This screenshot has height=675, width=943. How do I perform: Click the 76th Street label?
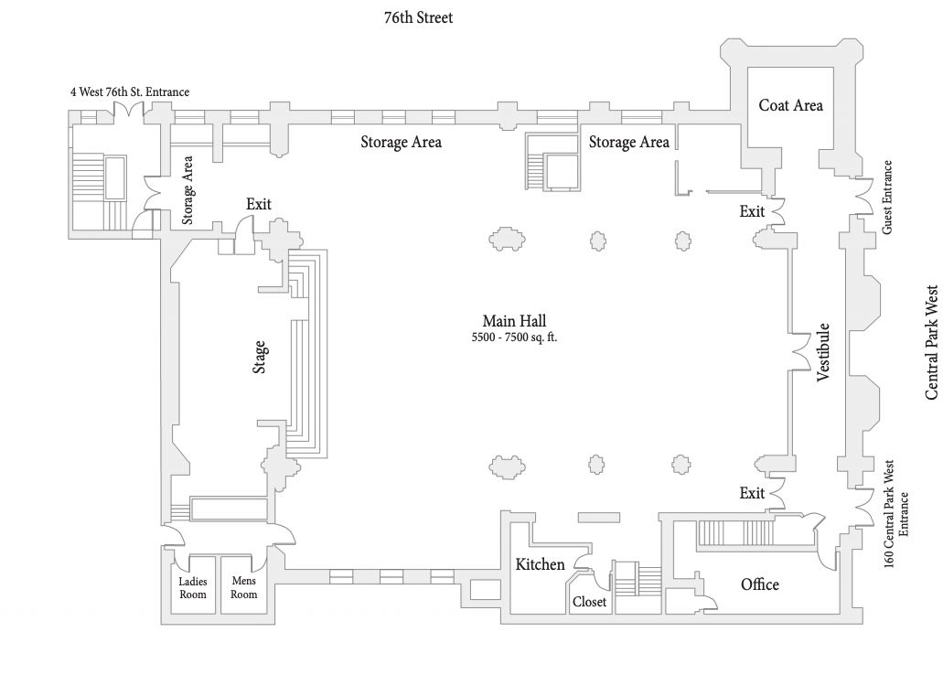pos(419,18)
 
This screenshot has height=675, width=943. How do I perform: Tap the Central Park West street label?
pos(932,342)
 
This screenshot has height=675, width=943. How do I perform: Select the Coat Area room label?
pos(790,105)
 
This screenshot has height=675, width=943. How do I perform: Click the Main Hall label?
pos(514,321)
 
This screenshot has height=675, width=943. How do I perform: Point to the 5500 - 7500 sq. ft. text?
pos(514,337)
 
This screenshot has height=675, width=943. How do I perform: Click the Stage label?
pos(259,357)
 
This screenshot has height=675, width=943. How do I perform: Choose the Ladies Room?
pos(193,588)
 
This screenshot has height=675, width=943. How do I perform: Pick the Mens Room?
pos(243,587)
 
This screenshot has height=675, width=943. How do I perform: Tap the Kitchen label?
pos(540,564)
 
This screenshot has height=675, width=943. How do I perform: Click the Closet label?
pos(589,602)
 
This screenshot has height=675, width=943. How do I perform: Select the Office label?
pos(759,584)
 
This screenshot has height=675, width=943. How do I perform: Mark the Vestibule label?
pos(822,352)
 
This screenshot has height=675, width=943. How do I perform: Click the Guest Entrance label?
pos(886,198)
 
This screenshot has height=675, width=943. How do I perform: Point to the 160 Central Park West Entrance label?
pos(896,514)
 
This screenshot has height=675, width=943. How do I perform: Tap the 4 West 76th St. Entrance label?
pos(130,92)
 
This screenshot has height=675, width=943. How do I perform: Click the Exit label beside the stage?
pos(259,204)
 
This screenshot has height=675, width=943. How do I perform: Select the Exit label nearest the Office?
pos(752,493)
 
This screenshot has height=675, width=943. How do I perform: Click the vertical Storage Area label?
pos(188,190)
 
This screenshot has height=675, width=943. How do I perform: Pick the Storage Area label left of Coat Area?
pos(628,142)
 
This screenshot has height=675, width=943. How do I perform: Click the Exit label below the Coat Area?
pos(752,211)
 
